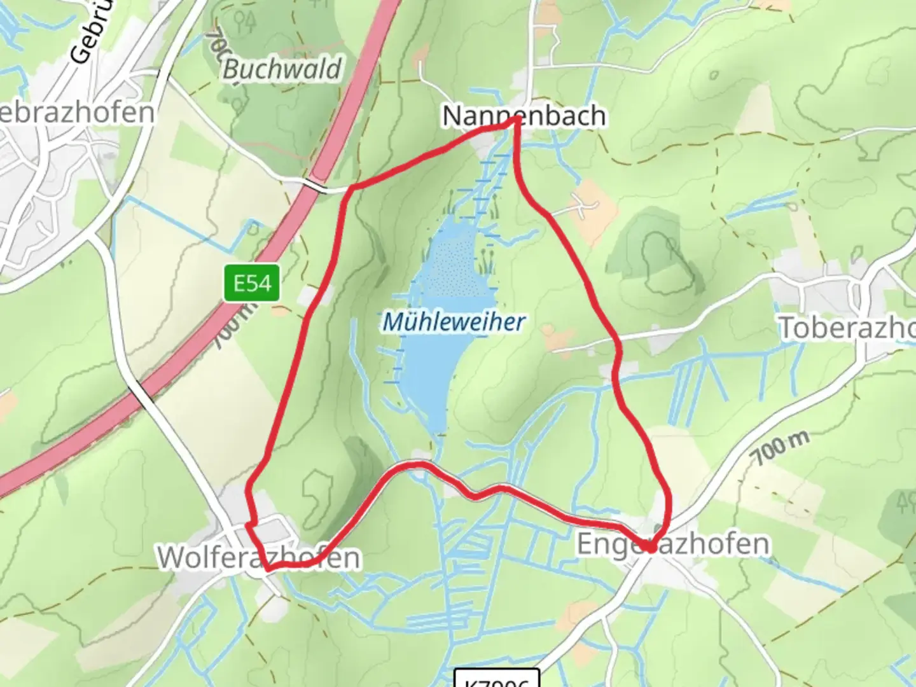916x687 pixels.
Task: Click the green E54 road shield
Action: [x=252, y=283]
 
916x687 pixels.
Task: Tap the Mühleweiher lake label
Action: [x=454, y=322]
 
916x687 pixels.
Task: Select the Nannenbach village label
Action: [x=523, y=116]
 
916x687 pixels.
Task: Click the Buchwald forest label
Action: [x=282, y=69]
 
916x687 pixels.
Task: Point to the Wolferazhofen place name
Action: [x=258, y=557]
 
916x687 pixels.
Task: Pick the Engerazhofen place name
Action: [x=672, y=544]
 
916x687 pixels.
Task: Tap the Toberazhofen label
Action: [x=846, y=328]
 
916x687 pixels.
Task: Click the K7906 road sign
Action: [x=497, y=679]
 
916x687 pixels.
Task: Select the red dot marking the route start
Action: [x=650, y=546]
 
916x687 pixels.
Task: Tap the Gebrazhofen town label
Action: [x=76, y=113]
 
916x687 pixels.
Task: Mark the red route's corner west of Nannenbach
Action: [x=352, y=188]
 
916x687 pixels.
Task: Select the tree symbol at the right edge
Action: [x=905, y=503]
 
